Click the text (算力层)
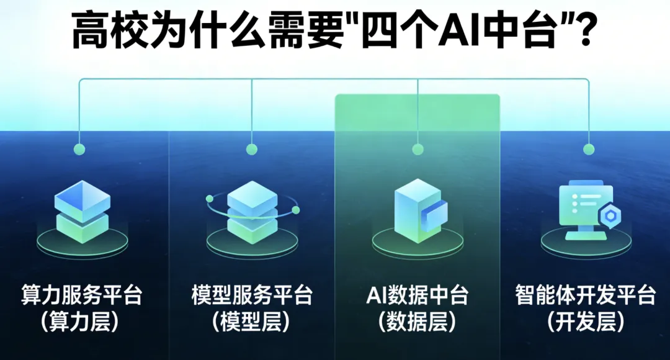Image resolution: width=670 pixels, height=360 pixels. tap(82, 322)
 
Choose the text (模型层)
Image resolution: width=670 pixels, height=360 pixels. tap(251, 322)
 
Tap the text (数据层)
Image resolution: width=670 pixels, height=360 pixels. tap(418, 322)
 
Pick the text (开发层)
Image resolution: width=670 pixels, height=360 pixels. tap(585, 322)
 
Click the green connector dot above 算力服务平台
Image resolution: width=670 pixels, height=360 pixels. tap(79, 149)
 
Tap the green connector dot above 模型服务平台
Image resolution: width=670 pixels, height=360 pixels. tap(251, 149)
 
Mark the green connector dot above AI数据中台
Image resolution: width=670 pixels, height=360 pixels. tap(418, 149)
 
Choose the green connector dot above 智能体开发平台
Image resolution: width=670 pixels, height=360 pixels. tap(588, 149)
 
